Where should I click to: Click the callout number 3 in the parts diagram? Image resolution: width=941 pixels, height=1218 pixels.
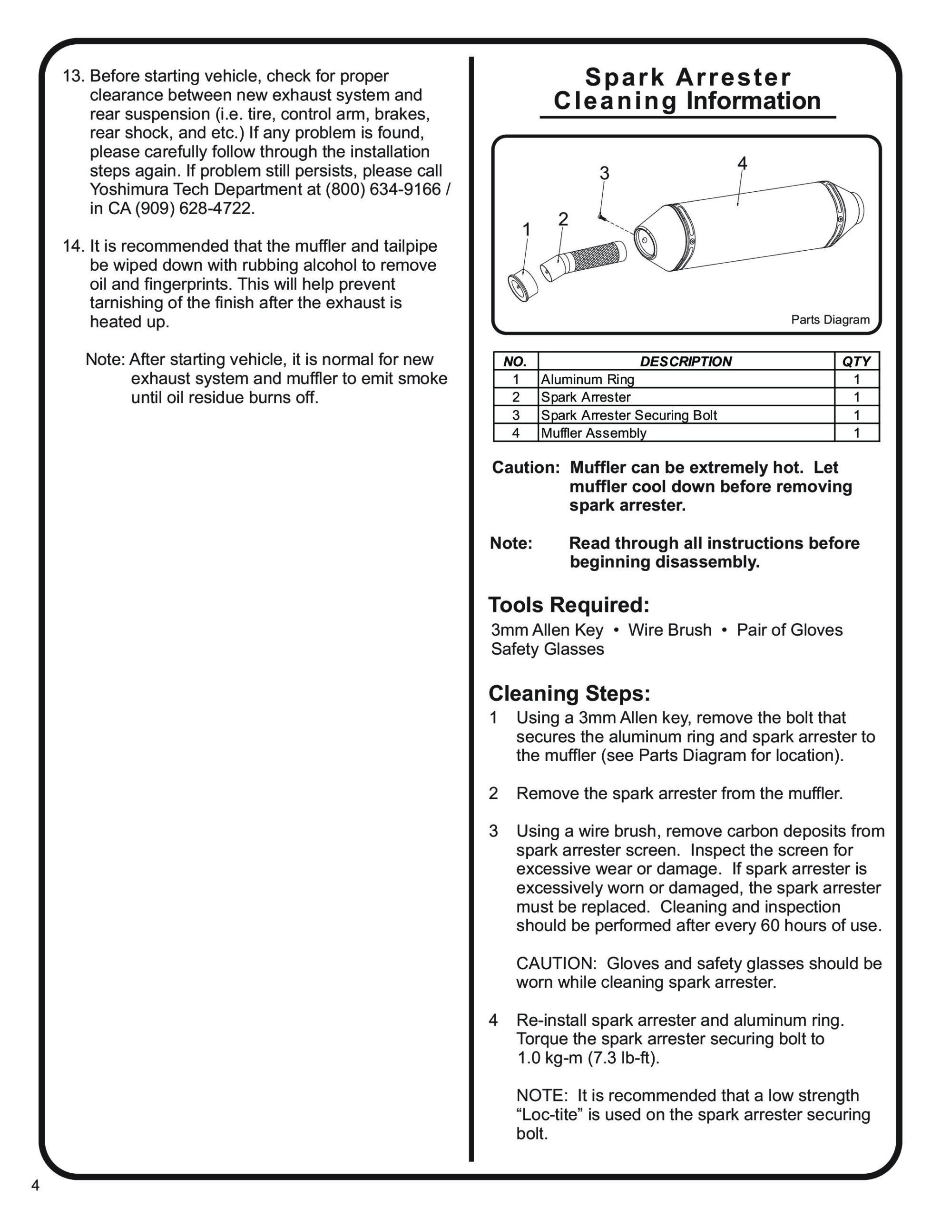[604, 174]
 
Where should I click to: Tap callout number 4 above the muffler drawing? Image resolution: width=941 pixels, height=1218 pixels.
[742, 163]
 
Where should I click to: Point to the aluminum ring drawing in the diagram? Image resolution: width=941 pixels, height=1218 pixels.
[523, 285]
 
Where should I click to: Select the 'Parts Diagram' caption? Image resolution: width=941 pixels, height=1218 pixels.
[830, 320]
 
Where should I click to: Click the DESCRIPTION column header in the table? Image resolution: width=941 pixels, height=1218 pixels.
[686, 362]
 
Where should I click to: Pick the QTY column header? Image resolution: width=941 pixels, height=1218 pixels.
[856, 362]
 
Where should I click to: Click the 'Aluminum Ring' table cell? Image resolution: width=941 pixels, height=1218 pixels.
[588, 379]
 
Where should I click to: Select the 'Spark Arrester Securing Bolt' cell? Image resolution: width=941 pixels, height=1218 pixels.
[628, 415]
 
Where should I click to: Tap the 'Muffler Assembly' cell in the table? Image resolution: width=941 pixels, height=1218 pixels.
[594, 433]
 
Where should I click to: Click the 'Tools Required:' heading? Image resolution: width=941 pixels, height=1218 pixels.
[569, 605]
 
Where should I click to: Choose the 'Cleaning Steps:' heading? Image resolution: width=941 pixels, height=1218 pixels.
[569, 693]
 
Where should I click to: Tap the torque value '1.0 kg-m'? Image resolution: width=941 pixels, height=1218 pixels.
[550, 1058]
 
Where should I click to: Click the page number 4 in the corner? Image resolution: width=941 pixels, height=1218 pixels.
[35, 1185]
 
